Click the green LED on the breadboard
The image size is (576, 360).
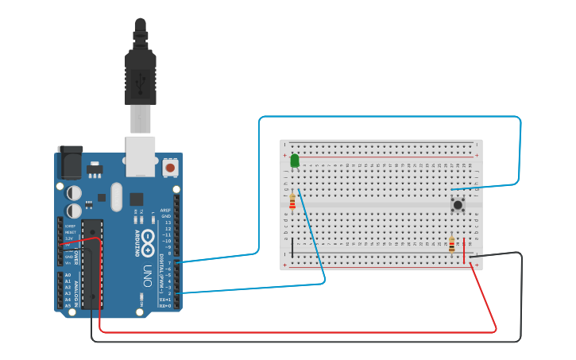295,161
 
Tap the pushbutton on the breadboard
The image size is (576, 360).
458,205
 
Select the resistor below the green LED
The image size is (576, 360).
292,202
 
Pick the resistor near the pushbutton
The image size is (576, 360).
452,245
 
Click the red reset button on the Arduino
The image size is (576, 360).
169,168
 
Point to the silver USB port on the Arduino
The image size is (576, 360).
141,155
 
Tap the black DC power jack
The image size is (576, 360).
70,163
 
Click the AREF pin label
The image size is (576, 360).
166,211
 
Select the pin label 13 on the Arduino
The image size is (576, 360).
167,223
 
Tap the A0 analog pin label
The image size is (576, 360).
67,275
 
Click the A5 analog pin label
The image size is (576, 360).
67,305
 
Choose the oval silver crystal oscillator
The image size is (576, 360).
118,195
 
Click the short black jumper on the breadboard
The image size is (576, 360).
292,247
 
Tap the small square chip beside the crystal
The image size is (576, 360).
136,199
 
